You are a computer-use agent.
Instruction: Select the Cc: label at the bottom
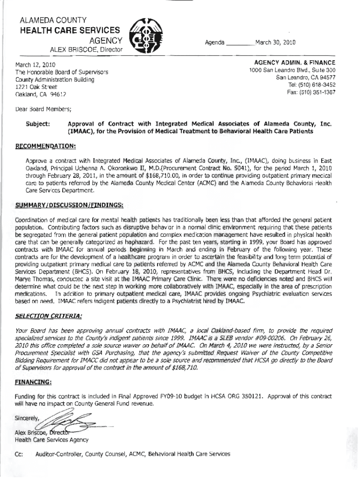(x=20, y=454)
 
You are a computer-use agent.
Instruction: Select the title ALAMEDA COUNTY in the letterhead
(x=51, y=20)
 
